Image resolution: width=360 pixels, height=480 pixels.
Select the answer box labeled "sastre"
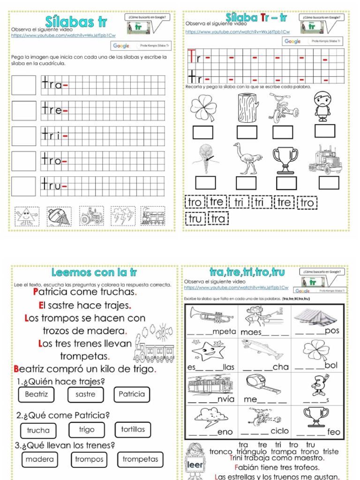(85, 394)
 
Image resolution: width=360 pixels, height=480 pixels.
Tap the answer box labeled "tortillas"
(133, 429)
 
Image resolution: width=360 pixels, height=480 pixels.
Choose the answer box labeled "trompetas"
(141, 459)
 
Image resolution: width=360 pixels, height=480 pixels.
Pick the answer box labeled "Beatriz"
(37, 394)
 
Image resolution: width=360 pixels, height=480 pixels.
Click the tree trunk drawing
(248, 108)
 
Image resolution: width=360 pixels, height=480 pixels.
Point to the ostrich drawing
(247, 158)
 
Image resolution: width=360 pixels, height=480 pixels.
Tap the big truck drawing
(326, 159)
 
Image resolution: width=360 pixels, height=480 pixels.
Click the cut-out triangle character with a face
(27, 216)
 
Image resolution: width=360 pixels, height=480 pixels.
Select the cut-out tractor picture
(91, 216)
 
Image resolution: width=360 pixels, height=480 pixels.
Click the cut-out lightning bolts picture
(123, 216)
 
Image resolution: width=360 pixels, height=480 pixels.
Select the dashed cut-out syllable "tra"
(218, 219)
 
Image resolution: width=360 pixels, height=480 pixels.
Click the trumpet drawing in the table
(210, 316)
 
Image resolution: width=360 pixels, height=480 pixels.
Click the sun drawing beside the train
(164, 331)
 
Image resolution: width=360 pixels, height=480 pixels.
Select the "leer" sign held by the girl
(195, 465)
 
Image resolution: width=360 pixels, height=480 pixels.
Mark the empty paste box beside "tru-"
(23, 186)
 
